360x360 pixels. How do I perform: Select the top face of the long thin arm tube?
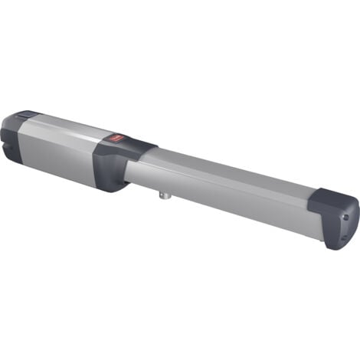pyautogui.click(x=230, y=165)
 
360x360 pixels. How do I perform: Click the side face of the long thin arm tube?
pyautogui.click(x=230, y=191)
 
